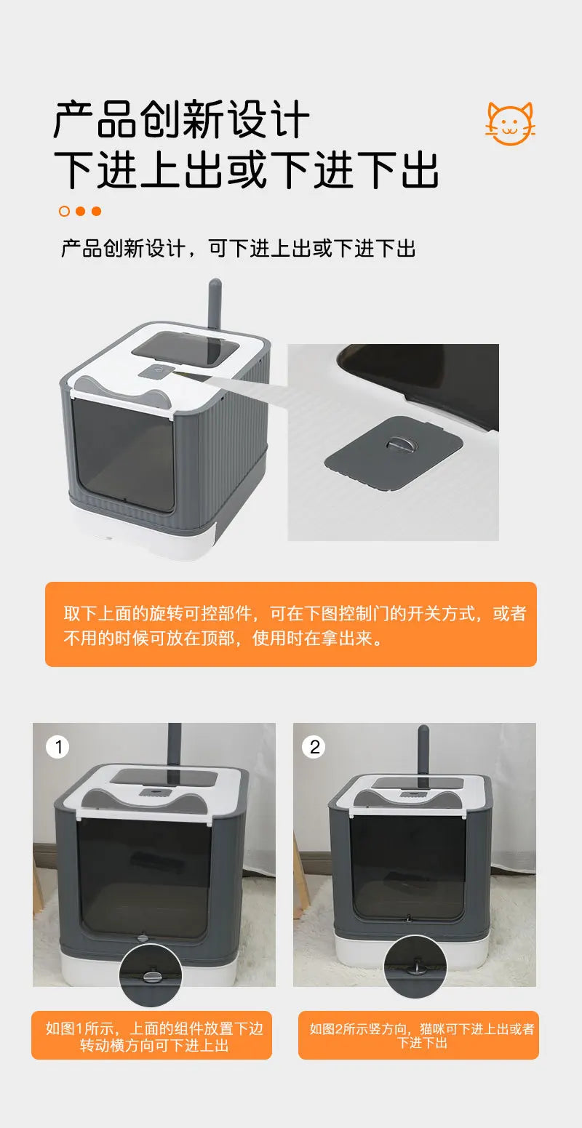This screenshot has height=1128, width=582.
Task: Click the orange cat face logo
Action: (x=510, y=124)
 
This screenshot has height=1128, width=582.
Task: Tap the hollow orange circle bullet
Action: (x=64, y=212)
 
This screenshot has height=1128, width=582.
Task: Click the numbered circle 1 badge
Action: (x=57, y=747)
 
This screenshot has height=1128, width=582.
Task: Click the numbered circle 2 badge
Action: (x=314, y=747)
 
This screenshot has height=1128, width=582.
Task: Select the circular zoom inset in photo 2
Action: (x=415, y=967)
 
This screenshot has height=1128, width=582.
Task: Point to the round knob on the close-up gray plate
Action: (x=397, y=444)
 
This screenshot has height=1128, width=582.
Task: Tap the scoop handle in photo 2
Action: (x=423, y=749)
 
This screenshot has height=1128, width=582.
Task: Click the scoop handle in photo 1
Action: (x=175, y=746)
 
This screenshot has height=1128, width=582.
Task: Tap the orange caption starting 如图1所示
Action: (x=151, y=1036)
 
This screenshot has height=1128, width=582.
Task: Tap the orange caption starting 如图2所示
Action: (x=420, y=1036)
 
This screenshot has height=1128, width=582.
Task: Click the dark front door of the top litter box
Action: (x=124, y=455)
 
